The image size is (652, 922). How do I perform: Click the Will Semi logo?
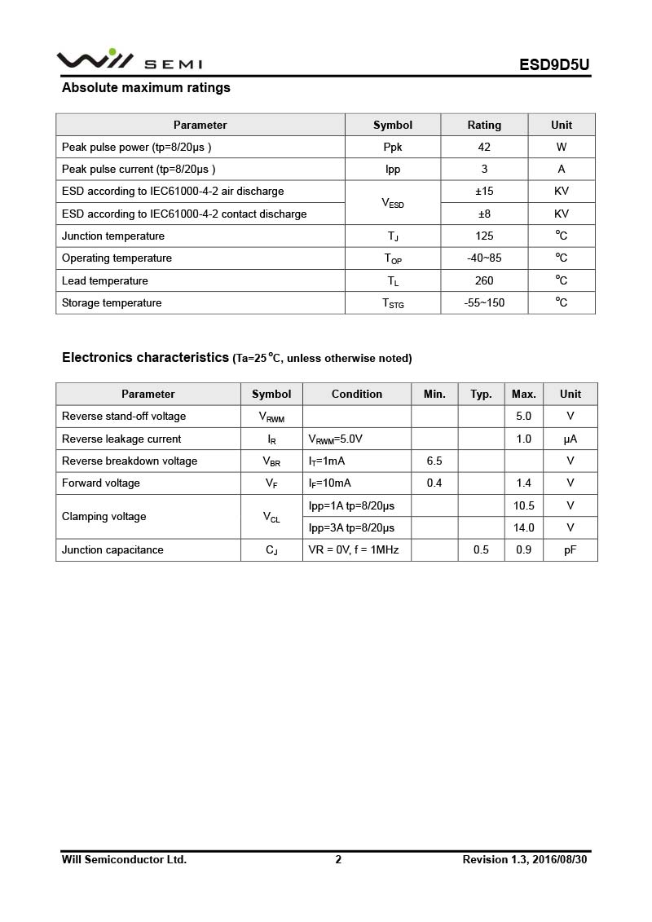coord(129,60)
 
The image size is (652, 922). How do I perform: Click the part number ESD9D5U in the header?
coord(554,65)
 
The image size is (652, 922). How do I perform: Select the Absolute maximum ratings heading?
coord(146,88)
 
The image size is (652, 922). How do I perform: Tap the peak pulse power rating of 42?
coord(484,148)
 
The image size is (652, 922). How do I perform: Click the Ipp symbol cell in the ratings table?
coord(393,170)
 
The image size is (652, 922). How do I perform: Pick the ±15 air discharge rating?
coord(484,192)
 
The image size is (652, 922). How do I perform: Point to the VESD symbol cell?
coord(393,203)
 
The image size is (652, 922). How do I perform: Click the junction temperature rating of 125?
coord(484,236)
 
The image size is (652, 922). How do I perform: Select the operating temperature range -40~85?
coord(484,258)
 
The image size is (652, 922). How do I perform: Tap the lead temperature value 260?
coord(484,281)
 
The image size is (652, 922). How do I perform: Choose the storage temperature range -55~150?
coord(484,303)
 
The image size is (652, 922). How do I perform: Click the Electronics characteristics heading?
coord(145,357)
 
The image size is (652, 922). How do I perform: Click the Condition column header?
coord(357,394)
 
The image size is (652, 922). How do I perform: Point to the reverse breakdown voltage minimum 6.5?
coord(434,461)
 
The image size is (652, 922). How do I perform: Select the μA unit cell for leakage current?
coord(570,439)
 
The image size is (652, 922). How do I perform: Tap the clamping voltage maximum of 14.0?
coord(524,528)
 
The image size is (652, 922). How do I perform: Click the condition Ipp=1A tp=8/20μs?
coord(351,505)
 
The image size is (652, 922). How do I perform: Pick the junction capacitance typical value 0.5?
coord(481,550)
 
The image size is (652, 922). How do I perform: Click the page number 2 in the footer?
coord(338,859)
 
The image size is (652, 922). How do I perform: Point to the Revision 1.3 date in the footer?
coord(524,859)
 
